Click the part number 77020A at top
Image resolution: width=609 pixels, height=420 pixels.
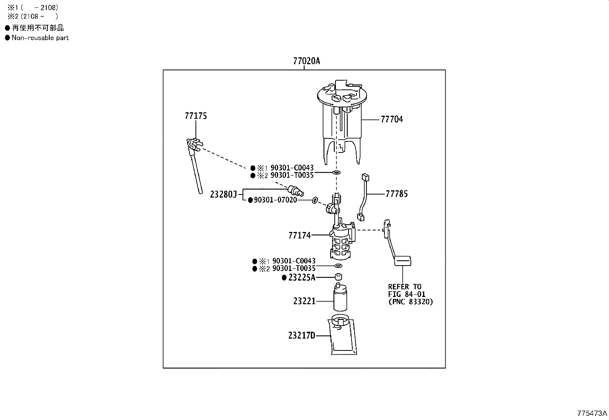[306, 61]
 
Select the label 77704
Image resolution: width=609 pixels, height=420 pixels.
[391, 120]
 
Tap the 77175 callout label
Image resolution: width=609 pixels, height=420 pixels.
[195, 116]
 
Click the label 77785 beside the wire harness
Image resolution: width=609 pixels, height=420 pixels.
[396, 194]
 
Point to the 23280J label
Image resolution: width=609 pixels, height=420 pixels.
[224, 195]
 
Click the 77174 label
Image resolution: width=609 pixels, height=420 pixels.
[299, 235]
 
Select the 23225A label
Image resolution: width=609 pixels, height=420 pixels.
[301, 278]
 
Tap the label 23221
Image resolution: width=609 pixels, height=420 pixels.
[304, 301]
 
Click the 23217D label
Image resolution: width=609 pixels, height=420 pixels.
[301, 336]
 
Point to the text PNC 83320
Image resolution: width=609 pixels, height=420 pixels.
[410, 302]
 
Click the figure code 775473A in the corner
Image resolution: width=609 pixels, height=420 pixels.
[592, 413]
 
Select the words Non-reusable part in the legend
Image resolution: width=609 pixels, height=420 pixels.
[40, 38]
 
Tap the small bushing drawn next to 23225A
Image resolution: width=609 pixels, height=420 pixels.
[338, 277]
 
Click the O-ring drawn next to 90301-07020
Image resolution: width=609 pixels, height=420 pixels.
[315, 200]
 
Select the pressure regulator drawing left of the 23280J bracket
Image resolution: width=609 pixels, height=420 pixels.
[295, 190]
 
